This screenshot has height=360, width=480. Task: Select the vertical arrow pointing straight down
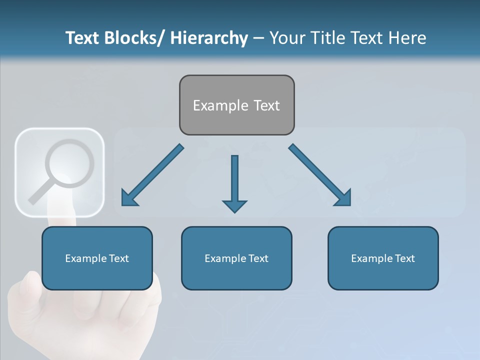pos(234,183)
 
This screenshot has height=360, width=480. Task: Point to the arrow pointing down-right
pos(320,175)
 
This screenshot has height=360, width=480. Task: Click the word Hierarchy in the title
pos(209,38)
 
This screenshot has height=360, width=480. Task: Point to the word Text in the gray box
pos(266,105)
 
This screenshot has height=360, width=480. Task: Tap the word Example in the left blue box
pos(85,258)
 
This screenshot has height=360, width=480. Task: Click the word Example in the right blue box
pos(371,258)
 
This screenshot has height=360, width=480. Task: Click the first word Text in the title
pos(81,38)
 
